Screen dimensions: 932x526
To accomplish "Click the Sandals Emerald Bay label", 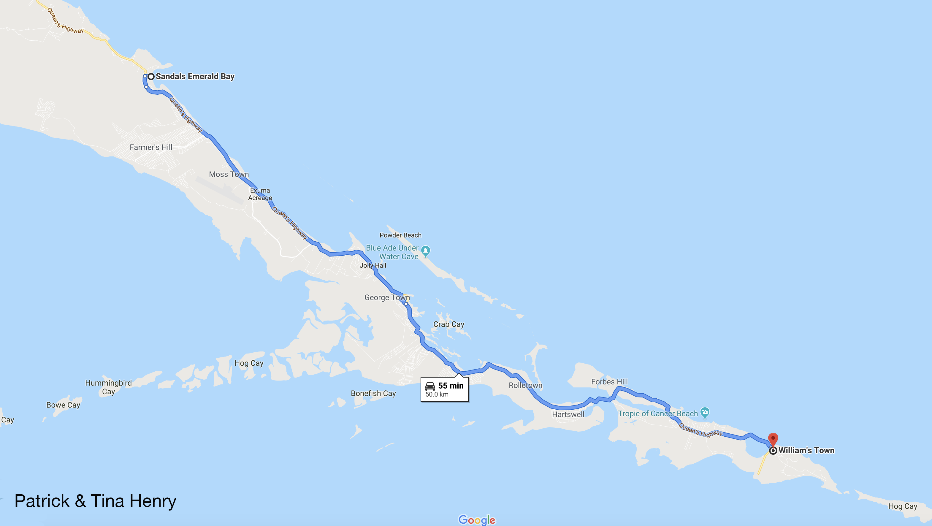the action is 195,76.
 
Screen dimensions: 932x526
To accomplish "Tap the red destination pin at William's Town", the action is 773,439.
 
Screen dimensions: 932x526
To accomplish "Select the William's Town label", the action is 806,450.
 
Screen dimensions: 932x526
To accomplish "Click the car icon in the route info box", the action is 430,386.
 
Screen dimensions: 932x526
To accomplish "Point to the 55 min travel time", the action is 451,386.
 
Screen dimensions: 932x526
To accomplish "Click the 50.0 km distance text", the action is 437,394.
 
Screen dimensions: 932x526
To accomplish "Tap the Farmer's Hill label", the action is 151,147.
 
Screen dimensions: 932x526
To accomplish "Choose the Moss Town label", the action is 229,174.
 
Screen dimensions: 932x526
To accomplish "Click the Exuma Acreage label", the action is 260,194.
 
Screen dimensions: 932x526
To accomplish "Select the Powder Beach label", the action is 400,235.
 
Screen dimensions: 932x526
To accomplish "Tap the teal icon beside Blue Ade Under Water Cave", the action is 425,250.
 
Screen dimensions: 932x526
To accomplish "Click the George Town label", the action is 387,297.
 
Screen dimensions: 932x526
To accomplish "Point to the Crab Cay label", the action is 448,324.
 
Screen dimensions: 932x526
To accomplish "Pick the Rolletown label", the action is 525,385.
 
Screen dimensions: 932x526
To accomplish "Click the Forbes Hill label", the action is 609,382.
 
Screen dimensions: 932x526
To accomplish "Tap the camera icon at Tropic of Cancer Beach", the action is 704,412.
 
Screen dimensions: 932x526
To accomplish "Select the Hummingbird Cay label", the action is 108,387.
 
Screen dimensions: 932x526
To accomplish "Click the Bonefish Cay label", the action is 373,393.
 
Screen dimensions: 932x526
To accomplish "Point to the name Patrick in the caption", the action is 42,501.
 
